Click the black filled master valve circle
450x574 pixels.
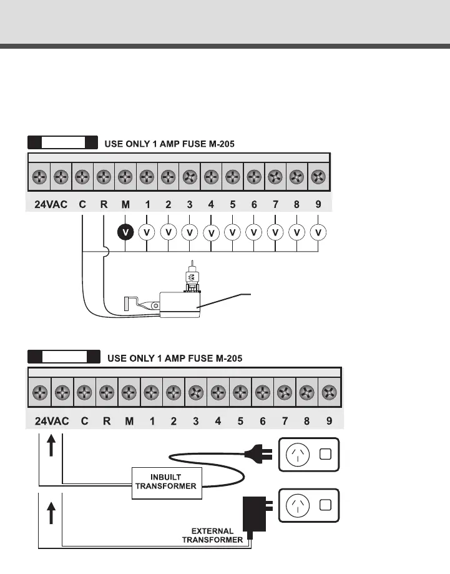[125, 232]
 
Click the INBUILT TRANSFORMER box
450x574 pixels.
[167, 482]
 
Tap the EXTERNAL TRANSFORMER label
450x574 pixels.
[212, 535]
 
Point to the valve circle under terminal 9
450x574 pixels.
[318, 232]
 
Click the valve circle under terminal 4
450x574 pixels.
[211, 233]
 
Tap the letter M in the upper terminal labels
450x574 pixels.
[125, 204]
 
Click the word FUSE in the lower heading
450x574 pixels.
[187, 359]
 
